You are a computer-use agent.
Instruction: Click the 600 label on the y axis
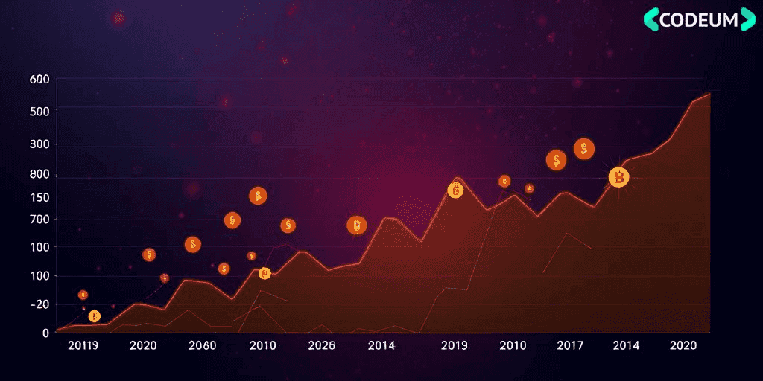point(39,80)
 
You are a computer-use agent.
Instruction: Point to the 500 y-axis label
point(39,111)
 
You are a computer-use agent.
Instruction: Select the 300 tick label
point(39,144)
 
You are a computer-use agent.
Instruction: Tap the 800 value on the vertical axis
point(39,175)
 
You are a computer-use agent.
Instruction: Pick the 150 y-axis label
point(39,197)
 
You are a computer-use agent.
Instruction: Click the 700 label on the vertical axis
point(39,220)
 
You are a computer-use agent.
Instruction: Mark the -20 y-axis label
point(39,304)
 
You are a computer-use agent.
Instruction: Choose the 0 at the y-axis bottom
point(45,333)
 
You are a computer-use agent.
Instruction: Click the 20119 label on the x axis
point(83,346)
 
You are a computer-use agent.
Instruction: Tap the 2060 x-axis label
point(203,346)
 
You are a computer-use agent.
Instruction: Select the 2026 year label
point(321,346)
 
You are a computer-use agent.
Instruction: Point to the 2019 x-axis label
point(454,346)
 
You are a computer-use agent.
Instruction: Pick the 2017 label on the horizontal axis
point(570,346)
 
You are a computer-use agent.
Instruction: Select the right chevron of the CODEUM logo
point(747,19)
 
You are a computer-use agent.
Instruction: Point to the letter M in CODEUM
point(728,19)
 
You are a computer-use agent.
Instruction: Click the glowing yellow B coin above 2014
point(618,177)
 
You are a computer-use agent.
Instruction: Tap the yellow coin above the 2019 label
point(455,190)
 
